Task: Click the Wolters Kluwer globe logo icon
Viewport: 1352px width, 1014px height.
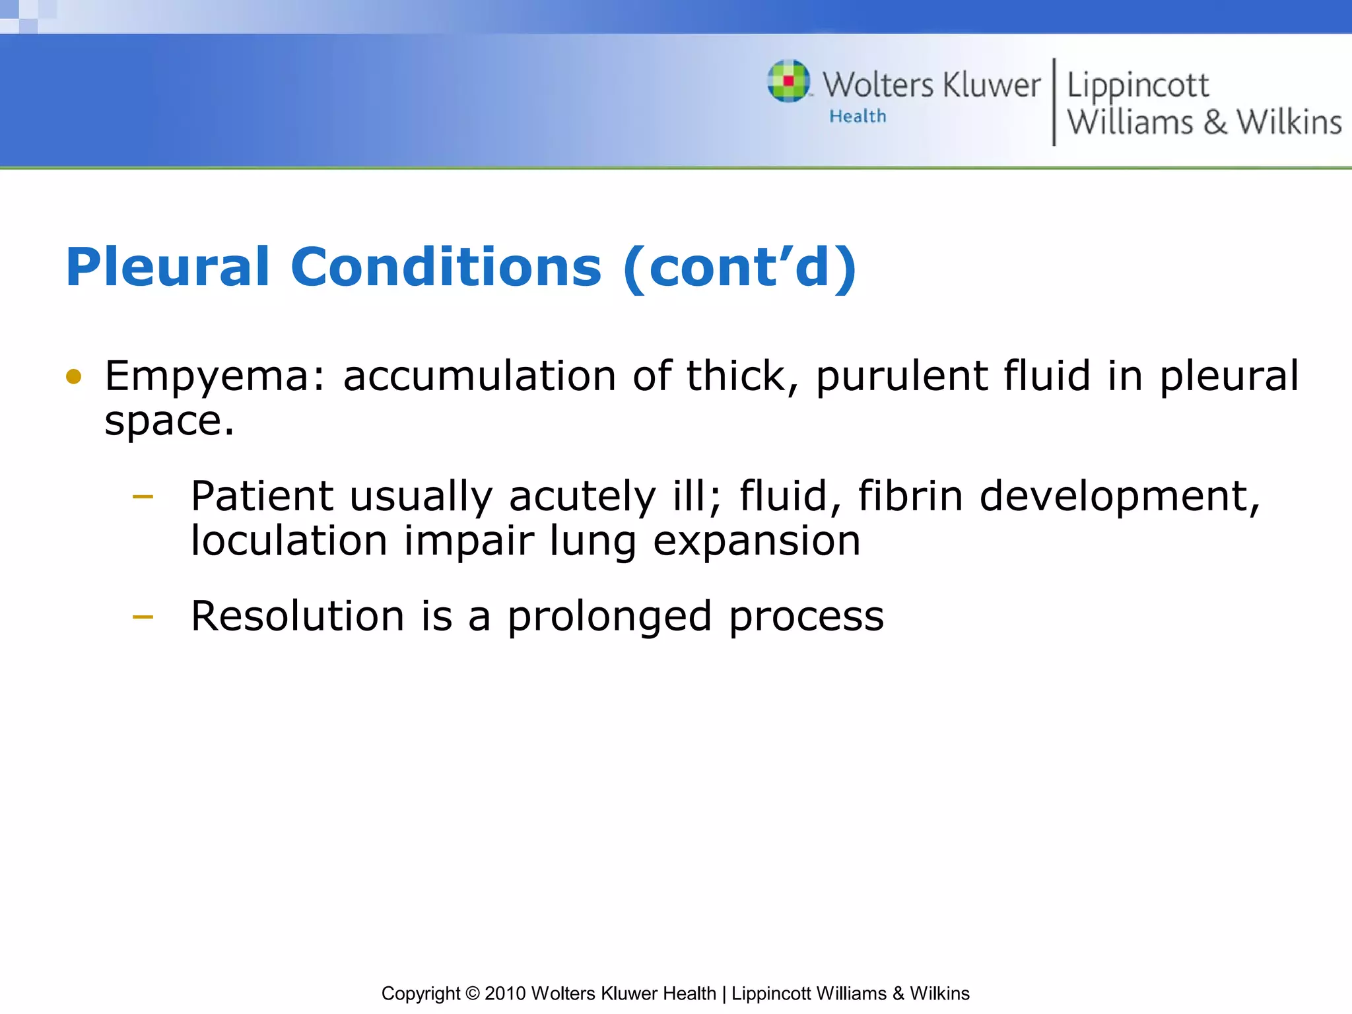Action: [788, 82]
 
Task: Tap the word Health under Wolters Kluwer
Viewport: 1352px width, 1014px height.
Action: [858, 116]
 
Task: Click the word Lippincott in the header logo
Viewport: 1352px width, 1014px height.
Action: [1137, 86]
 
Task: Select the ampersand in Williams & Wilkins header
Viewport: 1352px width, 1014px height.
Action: [1215, 123]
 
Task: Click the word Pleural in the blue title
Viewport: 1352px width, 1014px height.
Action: [168, 267]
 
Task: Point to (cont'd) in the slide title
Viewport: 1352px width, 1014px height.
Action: [739, 267]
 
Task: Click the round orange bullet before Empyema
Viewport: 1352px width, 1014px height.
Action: [74, 377]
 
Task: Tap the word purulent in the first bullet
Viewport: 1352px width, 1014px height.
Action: [902, 377]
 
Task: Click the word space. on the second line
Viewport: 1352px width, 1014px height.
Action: [169, 421]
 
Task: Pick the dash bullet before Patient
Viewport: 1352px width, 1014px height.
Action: [143, 496]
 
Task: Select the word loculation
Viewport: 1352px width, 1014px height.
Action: [288, 541]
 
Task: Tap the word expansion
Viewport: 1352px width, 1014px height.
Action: [757, 542]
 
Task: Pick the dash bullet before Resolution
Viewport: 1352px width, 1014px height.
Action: [143, 617]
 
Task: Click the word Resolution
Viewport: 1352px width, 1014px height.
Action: [297, 617]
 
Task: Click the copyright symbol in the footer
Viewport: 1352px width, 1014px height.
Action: [472, 994]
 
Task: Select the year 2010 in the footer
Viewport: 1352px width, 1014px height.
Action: [505, 994]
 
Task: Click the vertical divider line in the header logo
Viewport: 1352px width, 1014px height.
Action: [1054, 102]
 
